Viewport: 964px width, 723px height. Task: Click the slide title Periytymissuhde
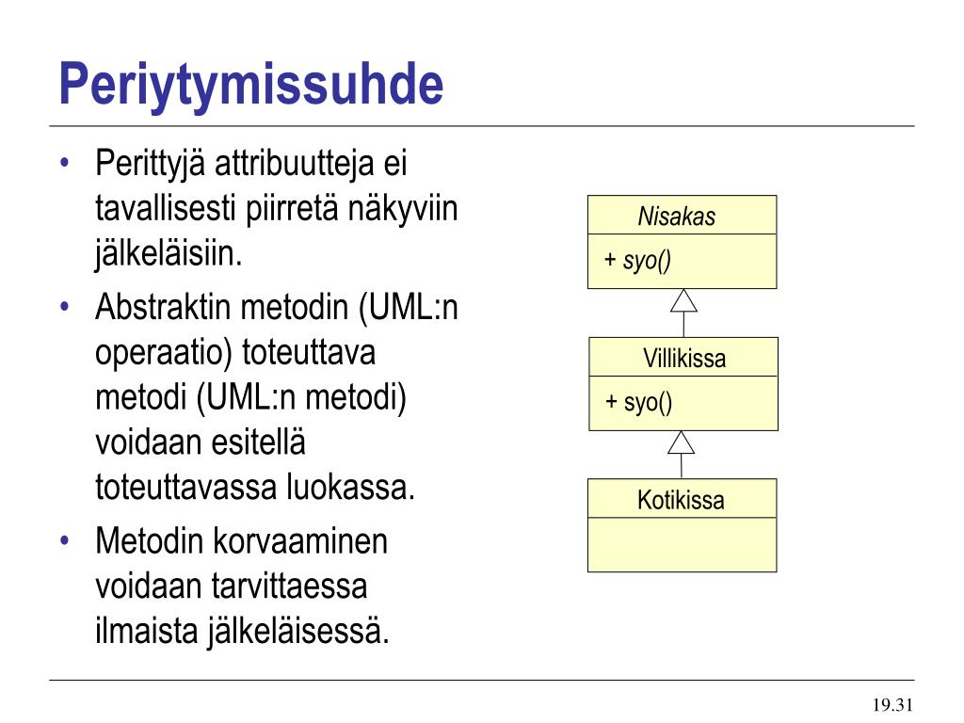250,86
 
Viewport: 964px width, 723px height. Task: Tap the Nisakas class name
676,216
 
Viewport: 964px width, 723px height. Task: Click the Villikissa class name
684,358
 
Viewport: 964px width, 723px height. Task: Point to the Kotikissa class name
681,500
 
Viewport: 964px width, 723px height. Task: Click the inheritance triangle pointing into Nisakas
683,300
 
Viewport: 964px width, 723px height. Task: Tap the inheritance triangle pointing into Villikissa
682,442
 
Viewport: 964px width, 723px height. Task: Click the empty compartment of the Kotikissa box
683,545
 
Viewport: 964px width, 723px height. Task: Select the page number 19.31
892,704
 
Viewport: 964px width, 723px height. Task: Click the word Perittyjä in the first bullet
151,165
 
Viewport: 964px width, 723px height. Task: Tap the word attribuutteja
295,164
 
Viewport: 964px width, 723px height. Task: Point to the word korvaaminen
300,541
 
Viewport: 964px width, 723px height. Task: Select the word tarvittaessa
290,586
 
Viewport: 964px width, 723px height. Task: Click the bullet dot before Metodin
65,541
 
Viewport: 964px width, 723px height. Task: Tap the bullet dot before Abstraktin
65,306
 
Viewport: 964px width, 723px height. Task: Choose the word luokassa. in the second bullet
350,487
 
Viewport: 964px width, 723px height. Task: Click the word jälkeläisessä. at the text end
297,632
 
